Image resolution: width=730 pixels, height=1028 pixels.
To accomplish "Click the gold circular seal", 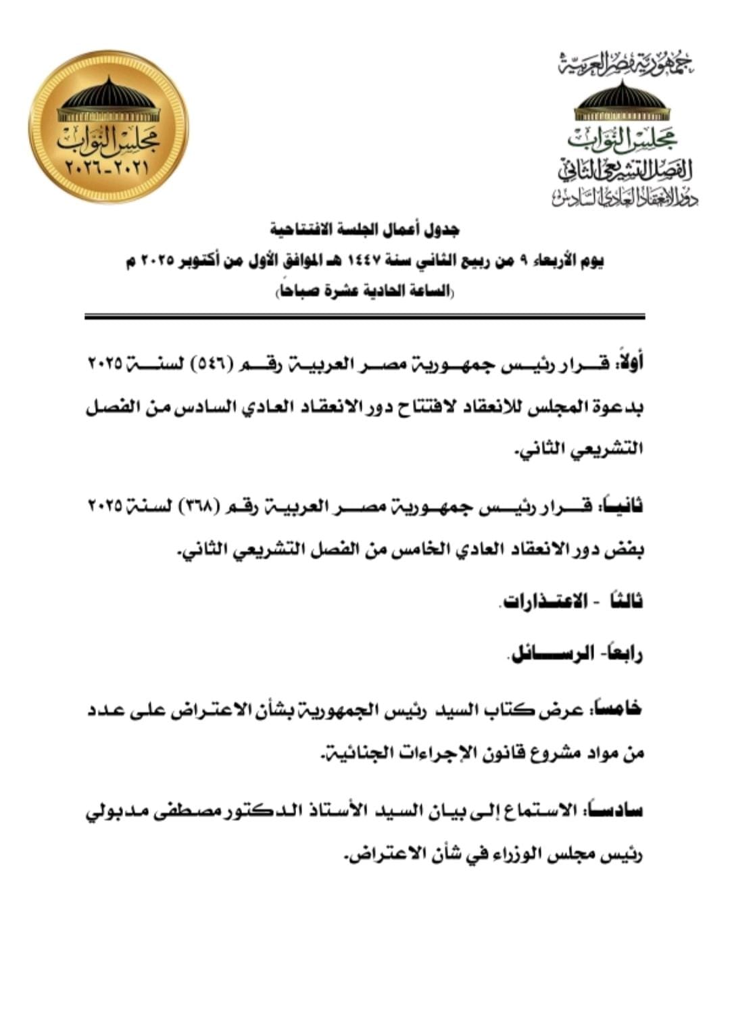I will (108, 126).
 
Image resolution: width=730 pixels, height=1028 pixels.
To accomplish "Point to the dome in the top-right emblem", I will (622, 96).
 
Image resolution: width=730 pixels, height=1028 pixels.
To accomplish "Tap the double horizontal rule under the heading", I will (365, 316).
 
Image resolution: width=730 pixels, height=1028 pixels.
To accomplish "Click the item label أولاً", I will (627, 363).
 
